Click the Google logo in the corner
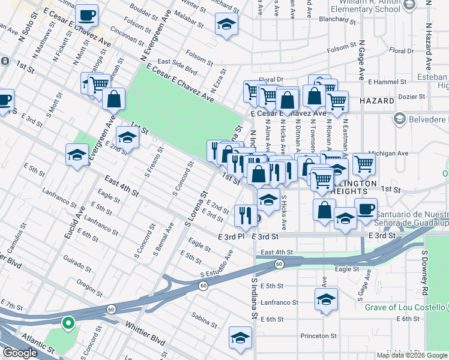pyautogui.click(x=20, y=353)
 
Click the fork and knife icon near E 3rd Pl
pyautogui.click(x=244, y=215)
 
